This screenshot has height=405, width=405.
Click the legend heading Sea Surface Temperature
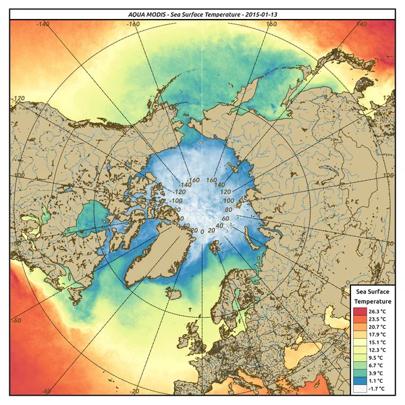pos(373,296)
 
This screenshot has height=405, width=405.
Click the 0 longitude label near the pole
pos(202,232)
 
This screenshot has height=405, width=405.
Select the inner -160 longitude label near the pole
pos(195,180)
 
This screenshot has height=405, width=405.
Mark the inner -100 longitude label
pos(177,201)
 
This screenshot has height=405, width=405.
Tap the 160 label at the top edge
pos(271,24)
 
